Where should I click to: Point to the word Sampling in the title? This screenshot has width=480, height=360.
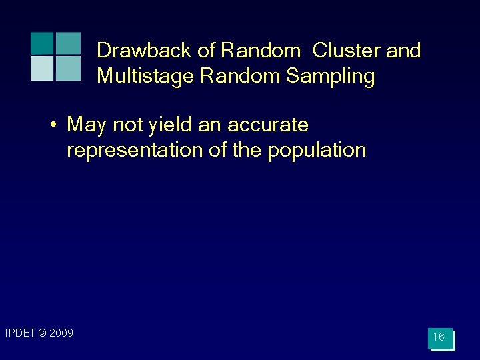coord(331,77)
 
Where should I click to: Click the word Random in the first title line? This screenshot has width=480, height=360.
coord(262,51)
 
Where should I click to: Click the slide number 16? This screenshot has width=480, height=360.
coord(439,337)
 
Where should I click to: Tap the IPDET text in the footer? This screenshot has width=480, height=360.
coord(20,333)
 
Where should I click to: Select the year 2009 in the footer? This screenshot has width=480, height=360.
coord(61,333)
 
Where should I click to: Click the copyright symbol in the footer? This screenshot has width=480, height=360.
coord(42,333)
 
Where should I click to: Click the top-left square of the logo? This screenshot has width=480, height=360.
coord(42,43)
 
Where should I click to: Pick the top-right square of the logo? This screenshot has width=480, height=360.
coord(68,43)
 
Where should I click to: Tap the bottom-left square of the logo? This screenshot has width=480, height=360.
coord(42,68)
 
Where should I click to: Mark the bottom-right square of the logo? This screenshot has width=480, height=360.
coord(68,68)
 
